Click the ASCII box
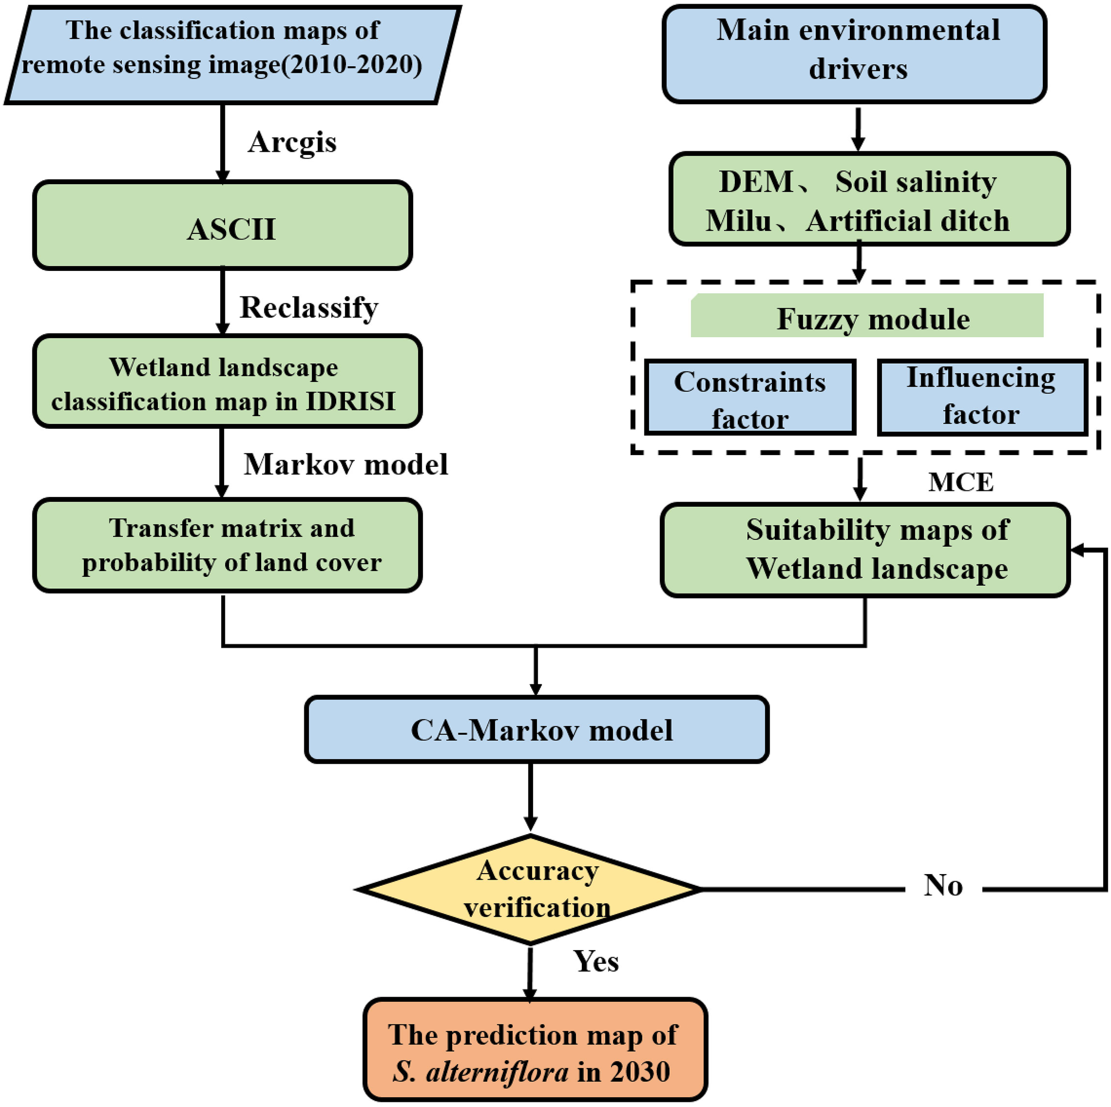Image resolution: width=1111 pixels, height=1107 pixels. click(x=223, y=226)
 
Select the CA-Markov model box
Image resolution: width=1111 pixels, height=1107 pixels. click(x=537, y=729)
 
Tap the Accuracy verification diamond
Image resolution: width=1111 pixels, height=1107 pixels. click(x=530, y=889)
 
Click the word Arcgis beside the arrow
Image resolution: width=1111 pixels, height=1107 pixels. click(x=292, y=143)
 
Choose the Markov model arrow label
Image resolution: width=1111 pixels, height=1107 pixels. click(x=345, y=464)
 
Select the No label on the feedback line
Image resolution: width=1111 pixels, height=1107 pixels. click(x=943, y=885)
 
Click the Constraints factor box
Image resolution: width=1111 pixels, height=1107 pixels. click(x=750, y=398)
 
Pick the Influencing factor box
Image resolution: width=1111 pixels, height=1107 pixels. click(x=982, y=397)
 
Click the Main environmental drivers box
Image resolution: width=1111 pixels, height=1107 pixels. click(x=854, y=53)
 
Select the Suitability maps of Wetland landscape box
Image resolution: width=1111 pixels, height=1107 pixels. click(x=865, y=550)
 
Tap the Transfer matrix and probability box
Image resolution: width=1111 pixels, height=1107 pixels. click(x=227, y=545)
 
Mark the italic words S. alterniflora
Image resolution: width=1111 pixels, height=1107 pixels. click(x=481, y=1072)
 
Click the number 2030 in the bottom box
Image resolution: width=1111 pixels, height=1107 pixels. click(x=640, y=1072)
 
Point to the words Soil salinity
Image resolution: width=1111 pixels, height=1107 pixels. click(x=915, y=182)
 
